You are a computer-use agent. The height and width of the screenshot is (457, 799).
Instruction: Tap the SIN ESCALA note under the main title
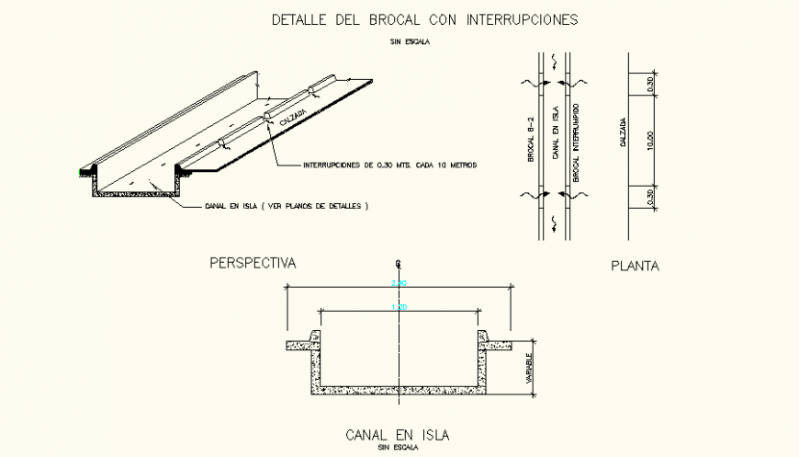tap(411, 41)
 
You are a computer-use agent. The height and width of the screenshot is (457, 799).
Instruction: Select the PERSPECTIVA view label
tap(253, 263)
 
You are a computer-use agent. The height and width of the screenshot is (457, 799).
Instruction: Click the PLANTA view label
tap(636, 267)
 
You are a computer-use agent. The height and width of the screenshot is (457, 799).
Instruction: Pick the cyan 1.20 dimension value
tap(399, 307)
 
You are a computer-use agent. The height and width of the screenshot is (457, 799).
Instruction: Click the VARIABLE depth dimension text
tap(530, 368)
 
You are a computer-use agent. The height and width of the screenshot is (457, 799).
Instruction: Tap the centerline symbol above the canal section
tap(399, 263)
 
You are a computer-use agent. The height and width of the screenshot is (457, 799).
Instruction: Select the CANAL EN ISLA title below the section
tap(397, 435)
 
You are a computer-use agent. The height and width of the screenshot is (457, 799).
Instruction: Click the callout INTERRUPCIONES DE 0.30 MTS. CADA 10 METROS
tap(391, 166)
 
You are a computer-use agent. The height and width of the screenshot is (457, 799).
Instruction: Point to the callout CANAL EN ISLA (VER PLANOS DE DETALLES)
tap(286, 207)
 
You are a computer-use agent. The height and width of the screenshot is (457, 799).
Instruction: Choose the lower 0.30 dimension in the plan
tap(648, 197)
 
